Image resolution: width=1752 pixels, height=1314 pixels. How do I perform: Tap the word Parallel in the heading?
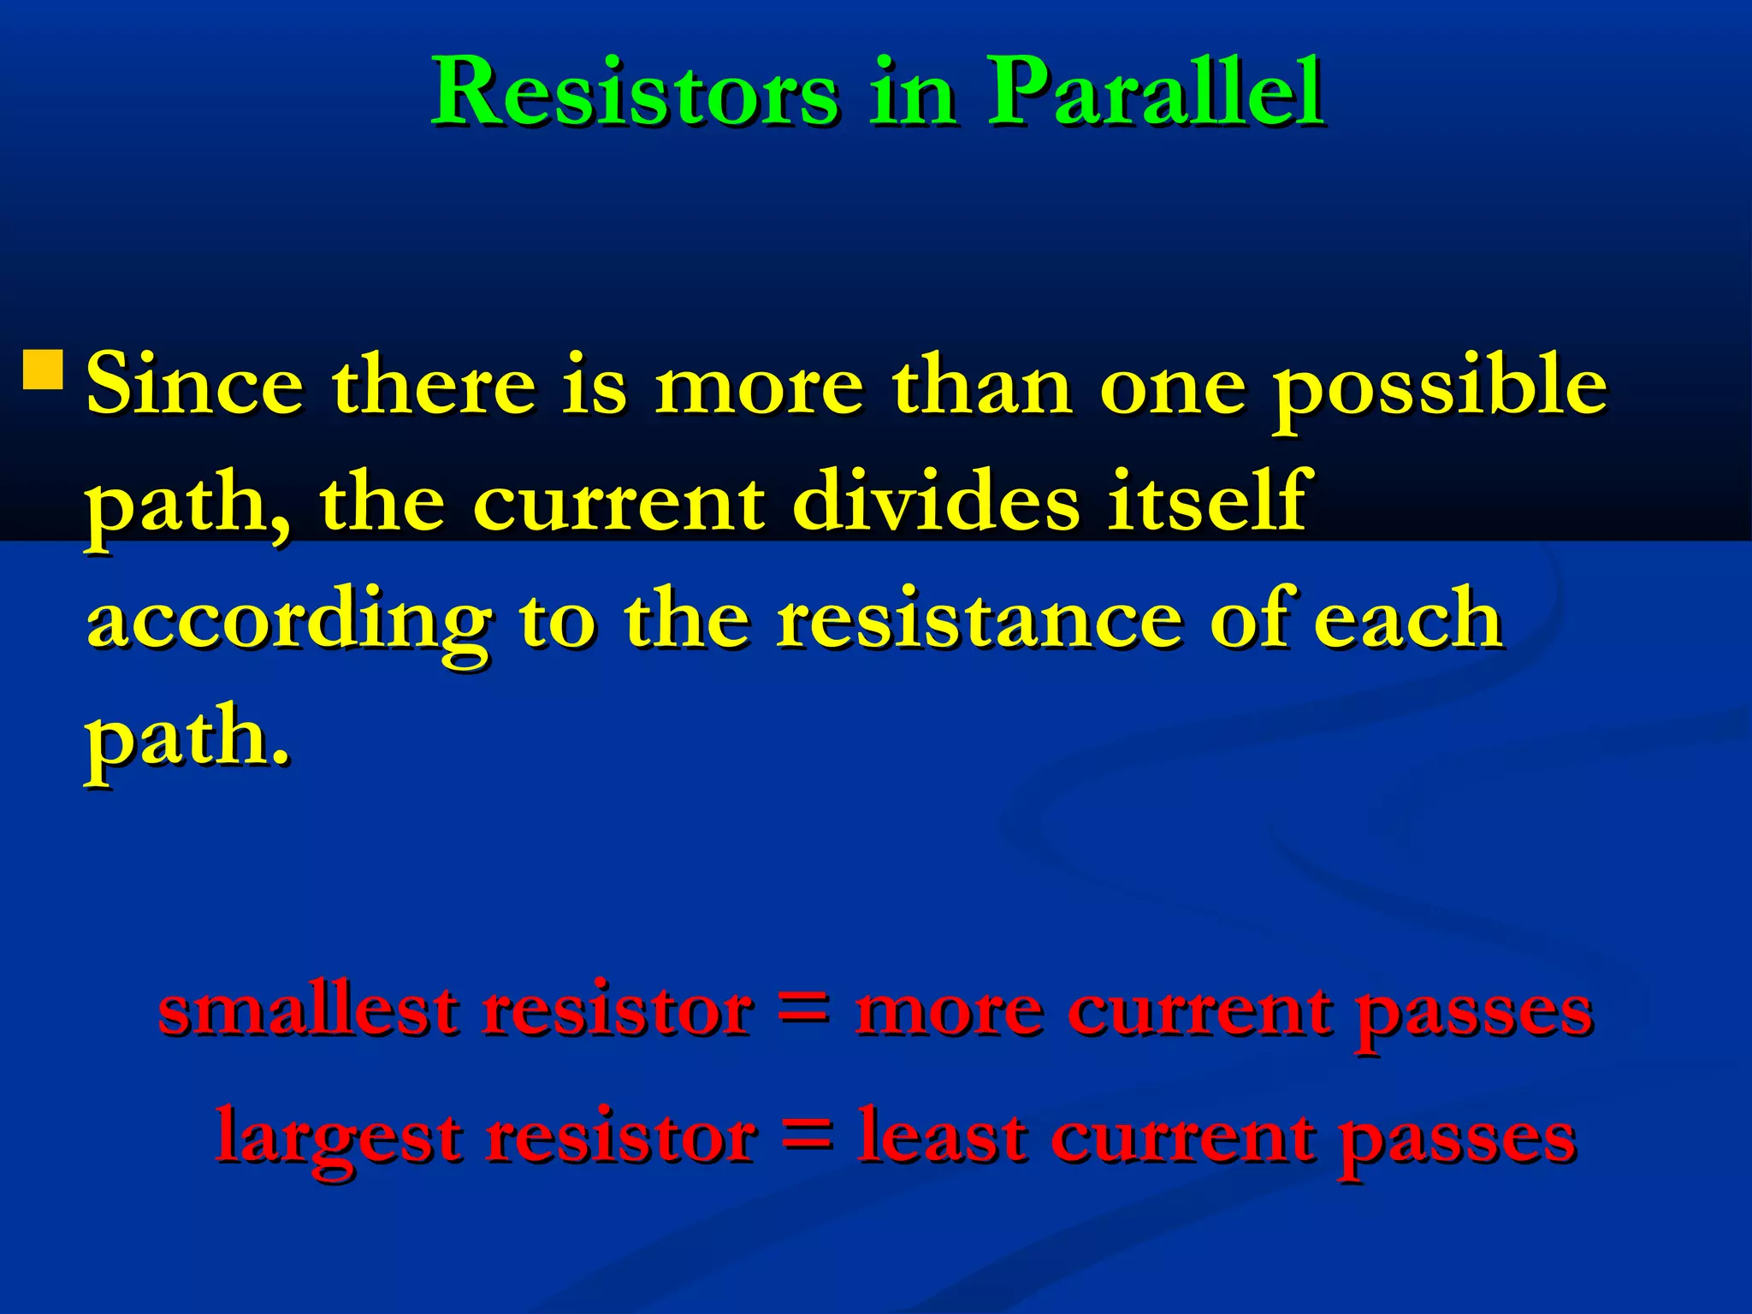(1155, 92)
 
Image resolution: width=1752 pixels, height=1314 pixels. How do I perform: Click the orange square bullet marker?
(42, 369)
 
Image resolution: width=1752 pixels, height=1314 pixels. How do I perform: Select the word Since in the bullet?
(195, 385)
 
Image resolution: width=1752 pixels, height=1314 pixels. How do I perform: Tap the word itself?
(1205, 502)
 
